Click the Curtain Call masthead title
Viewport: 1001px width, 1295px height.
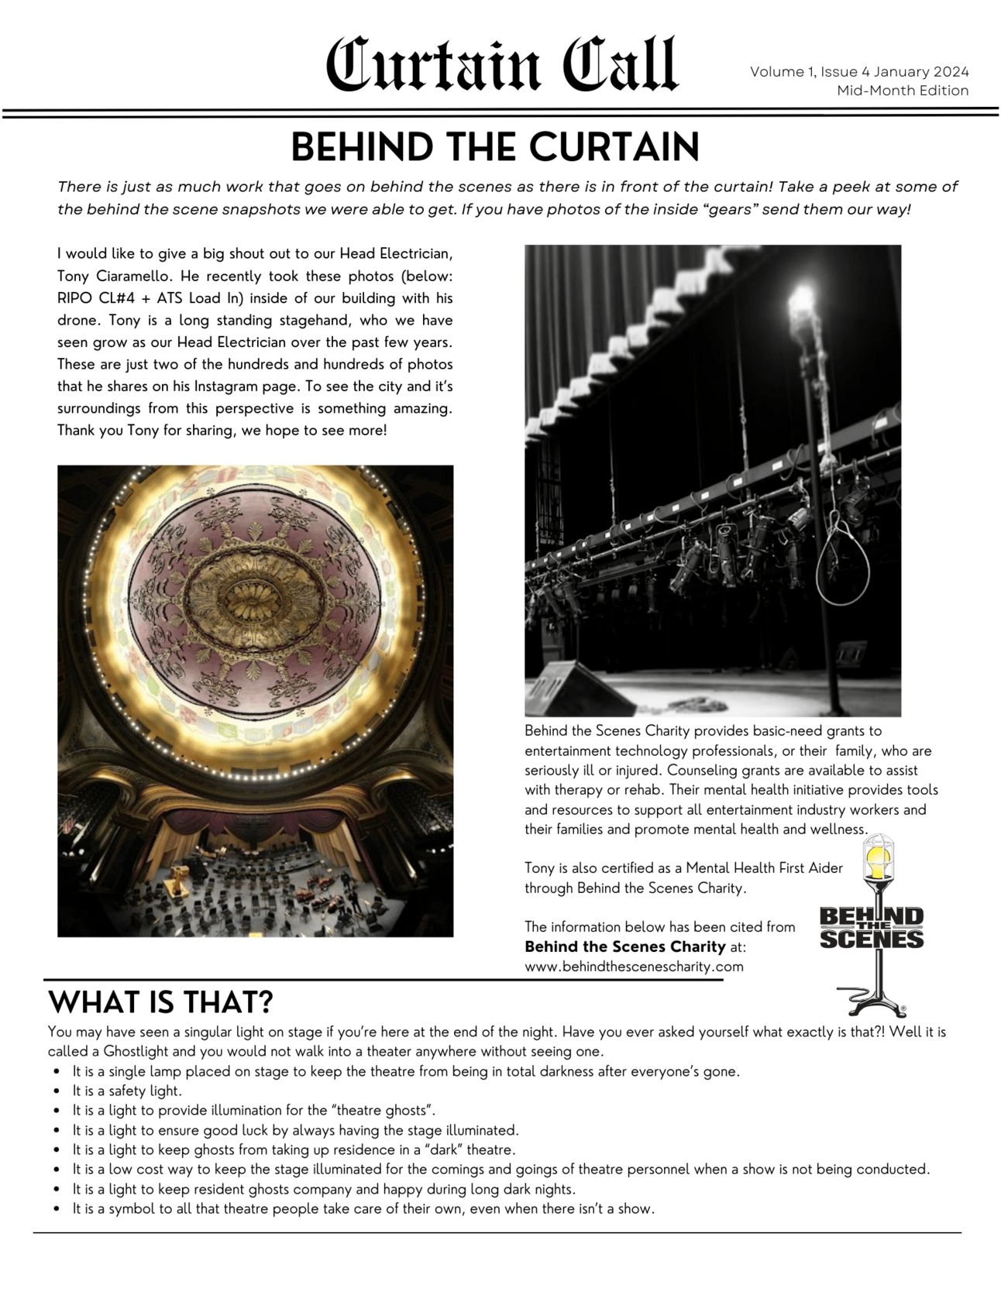pyautogui.click(x=501, y=65)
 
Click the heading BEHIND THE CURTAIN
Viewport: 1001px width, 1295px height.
pyautogui.click(x=495, y=146)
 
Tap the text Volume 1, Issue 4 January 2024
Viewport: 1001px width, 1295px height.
pyautogui.click(x=859, y=71)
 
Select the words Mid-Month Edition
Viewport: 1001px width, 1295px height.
pyautogui.click(x=903, y=91)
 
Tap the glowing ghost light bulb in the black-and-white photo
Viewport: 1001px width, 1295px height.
pyautogui.click(x=802, y=297)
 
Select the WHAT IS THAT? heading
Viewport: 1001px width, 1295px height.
pyautogui.click(x=160, y=1002)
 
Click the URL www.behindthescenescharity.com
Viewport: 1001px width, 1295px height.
pyautogui.click(x=634, y=967)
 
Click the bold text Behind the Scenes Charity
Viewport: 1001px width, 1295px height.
pyautogui.click(x=624, y=946)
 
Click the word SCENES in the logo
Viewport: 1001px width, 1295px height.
pyautogui.click(x=872, y=939)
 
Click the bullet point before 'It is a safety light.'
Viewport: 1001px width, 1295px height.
pyautogui.click(x=57, y=1091)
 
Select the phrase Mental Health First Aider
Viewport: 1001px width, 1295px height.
pyautogui.click(x=764, y=868)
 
